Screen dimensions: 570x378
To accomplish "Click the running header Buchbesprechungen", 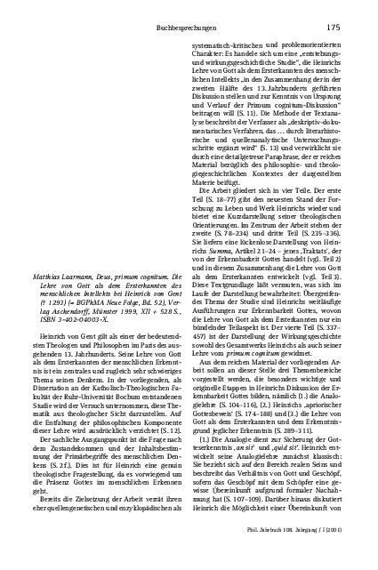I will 207,28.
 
